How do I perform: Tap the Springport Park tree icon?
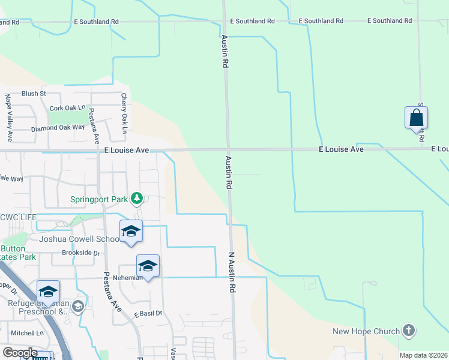pyautogui.click(x=137, y=198)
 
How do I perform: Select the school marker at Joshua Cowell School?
pyautogui.click(x=130, y=232)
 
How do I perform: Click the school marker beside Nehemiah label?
pyautogui.click(x=148, y=266)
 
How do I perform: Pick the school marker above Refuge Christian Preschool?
pyautogui.click(x=48, y=292)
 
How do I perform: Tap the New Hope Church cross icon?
pyautogui.click(x=408, y=331)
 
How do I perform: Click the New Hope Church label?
pyautogui.click(x=366, y=332)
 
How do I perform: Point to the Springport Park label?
pyautogui.click(x=100, y=199)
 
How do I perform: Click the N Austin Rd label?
pyautogui.click(x=231, y=272)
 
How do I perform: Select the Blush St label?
pyautogui.click(x=34, y=94)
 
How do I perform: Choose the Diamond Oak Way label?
pyautogui.click(x=58, y=128)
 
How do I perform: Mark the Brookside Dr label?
pyautogui.click(x=80, y=253)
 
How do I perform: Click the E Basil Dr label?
pyautogui.click(x=148, y=313)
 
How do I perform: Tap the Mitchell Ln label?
pyautogui.click(x=27, y=333)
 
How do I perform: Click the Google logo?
pyautogui.click(x=20, y=353)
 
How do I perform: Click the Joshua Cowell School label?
pyautogui.click(x=79, y=239)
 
